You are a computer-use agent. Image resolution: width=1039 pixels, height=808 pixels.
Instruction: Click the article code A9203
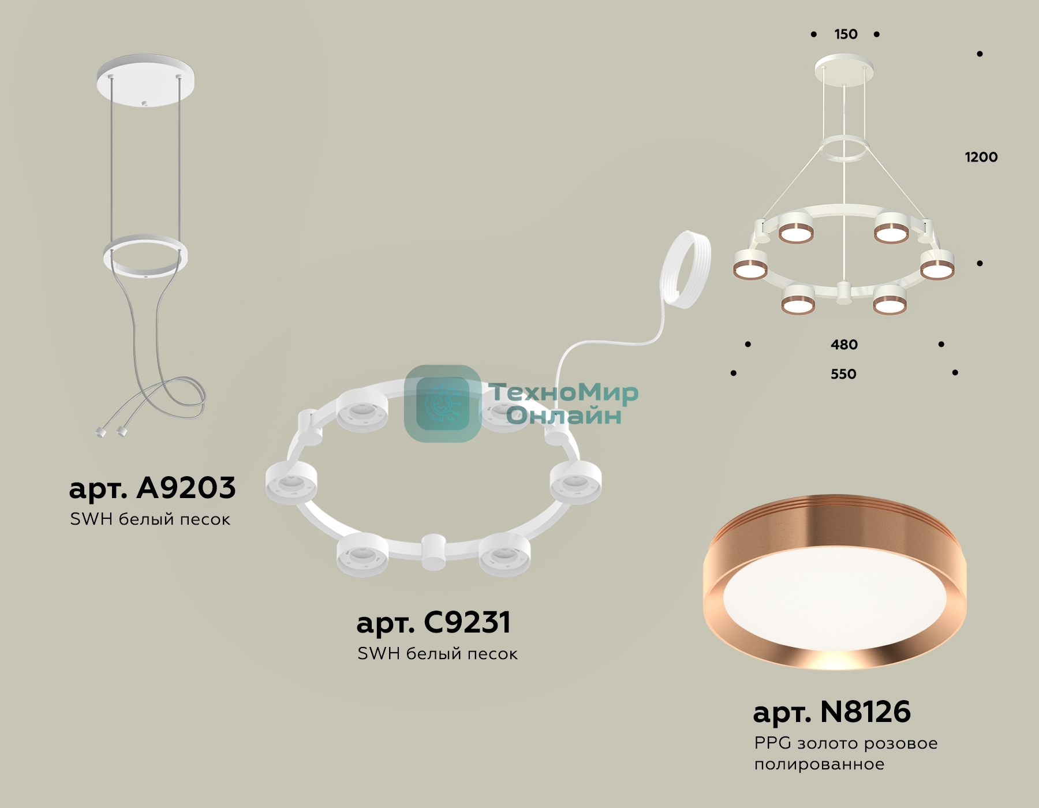186,488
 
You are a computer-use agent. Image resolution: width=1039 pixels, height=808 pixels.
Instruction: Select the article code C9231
467,623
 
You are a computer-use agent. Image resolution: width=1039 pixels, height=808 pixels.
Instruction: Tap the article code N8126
865,712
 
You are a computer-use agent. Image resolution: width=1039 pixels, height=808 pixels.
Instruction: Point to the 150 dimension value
846,35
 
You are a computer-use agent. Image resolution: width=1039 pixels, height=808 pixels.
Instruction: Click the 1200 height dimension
981,157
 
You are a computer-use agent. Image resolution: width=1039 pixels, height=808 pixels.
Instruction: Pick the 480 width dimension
844,345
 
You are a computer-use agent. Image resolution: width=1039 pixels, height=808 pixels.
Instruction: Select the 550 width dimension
843,374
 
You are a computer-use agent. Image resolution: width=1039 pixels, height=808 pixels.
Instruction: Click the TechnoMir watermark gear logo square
443,403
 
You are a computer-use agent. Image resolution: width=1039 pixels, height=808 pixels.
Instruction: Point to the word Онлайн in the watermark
564,416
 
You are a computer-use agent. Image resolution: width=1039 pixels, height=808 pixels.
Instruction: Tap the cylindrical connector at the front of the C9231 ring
432,552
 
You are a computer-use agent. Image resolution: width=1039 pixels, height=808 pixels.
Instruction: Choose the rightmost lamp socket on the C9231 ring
575,482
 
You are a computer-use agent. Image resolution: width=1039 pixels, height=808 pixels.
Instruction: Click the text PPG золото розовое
846,743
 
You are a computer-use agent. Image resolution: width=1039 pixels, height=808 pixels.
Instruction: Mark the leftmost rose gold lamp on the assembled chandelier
750,265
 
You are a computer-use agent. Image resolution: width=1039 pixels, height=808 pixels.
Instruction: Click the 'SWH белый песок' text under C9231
437,654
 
